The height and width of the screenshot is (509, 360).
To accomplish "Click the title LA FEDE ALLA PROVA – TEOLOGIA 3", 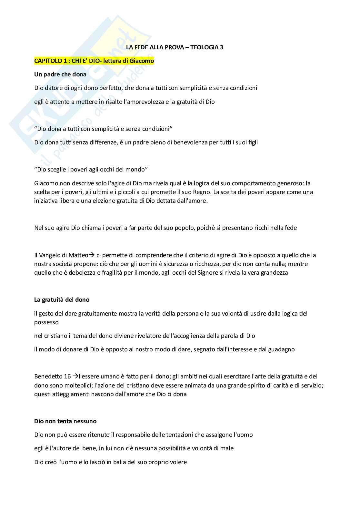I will click(x=174, y=47).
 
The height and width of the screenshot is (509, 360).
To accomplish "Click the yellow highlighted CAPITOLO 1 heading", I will click(x=94, y=61).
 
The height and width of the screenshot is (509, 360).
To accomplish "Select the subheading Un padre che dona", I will click(x=60, y=74).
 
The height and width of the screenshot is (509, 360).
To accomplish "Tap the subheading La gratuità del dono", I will click(x=62, y=299).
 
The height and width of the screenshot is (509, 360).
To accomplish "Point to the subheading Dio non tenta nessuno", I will click(x=65, y=421).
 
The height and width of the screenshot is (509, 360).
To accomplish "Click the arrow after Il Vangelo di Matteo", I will click(x=91, y=255).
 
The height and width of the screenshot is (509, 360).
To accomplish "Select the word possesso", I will click(x=46, y=322).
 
